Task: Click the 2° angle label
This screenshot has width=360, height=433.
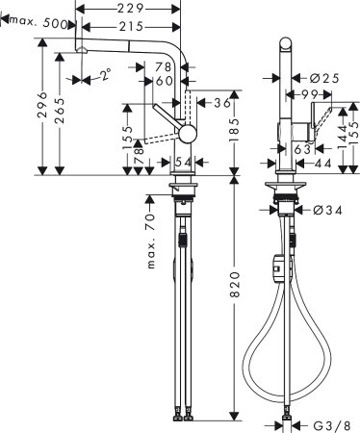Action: (105, 71)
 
